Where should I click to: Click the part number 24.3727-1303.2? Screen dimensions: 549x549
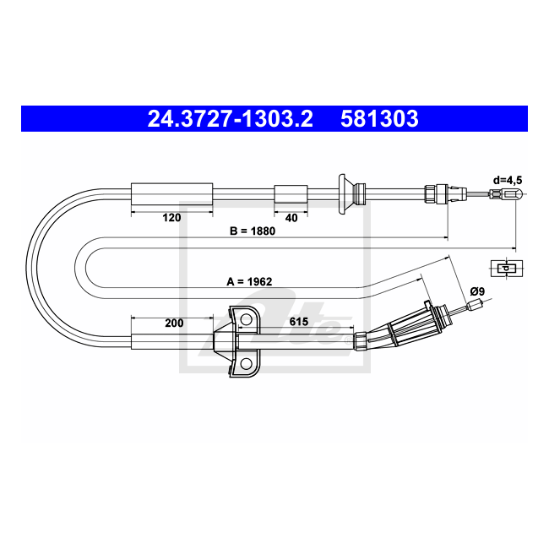coord(230,118)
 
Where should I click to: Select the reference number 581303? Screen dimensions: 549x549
coord(379,118)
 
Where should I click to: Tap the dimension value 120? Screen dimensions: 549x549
coord(171,218)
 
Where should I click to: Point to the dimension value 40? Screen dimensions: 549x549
coord(291,218)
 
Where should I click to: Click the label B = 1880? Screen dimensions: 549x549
coord(253,231)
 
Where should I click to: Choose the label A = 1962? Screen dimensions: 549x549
coord(249,281)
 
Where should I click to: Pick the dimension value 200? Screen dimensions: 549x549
coord(174,323)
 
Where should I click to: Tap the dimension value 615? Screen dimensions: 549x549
coord(299,322)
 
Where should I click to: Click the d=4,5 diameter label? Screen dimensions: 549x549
coord(508,180)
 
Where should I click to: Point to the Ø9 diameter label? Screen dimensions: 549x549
coord(477,291)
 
